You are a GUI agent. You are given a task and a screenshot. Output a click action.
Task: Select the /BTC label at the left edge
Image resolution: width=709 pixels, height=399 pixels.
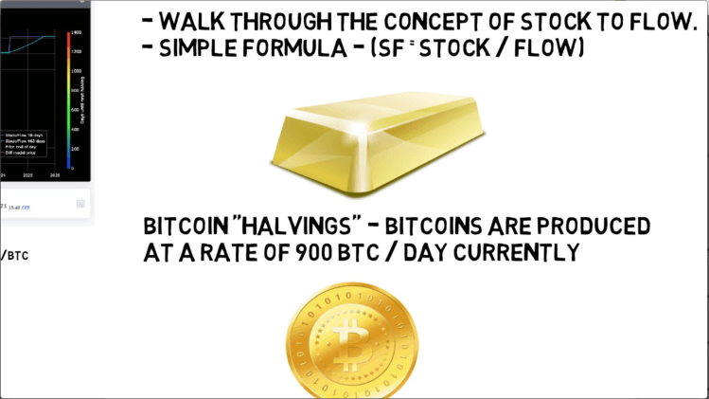pyautogui.click(x=13, y=255)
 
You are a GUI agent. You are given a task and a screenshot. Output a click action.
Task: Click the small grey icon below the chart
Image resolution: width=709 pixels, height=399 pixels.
pyautogui.click(x=80, y=203)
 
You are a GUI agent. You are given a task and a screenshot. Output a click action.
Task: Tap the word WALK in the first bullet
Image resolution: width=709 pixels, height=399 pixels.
pyautogui.click(x=195, y=20)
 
